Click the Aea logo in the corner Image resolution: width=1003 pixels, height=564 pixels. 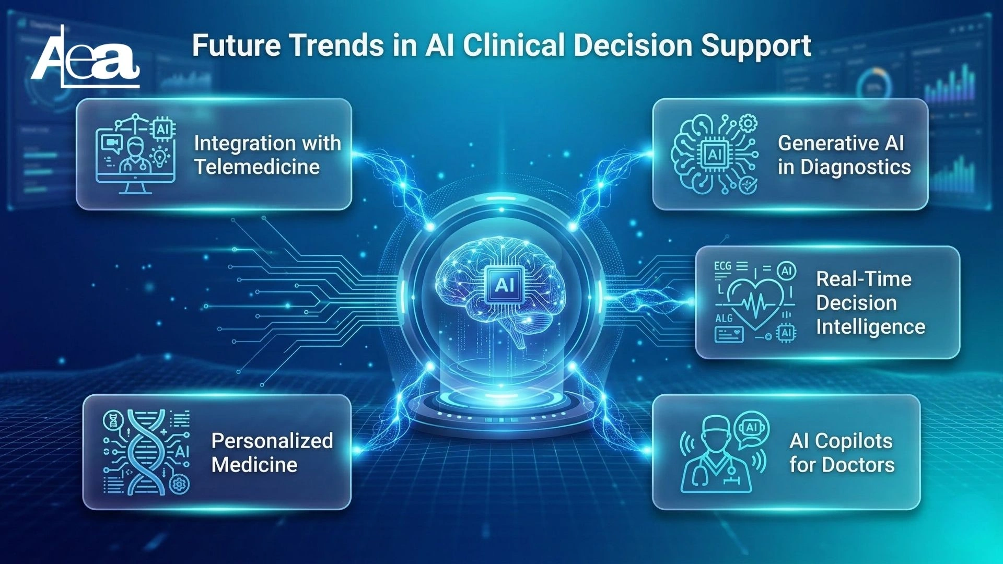click(86, 56)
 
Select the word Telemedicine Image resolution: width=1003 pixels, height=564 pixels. click(257, 167)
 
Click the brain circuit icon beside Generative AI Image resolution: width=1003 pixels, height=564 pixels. click(715, 154)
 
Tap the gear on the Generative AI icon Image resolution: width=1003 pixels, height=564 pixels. click(749, 124)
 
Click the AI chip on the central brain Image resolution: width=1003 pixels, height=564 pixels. click(504, 285)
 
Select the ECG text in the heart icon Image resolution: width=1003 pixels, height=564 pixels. click(723, 266)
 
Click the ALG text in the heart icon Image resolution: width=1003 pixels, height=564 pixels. click(724, 318)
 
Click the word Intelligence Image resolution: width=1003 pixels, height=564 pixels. click(871, 327)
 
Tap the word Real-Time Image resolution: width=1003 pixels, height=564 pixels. click(864, 279)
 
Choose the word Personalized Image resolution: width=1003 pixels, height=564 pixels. click(272, 441)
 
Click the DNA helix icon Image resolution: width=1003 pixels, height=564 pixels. click(146, 452)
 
